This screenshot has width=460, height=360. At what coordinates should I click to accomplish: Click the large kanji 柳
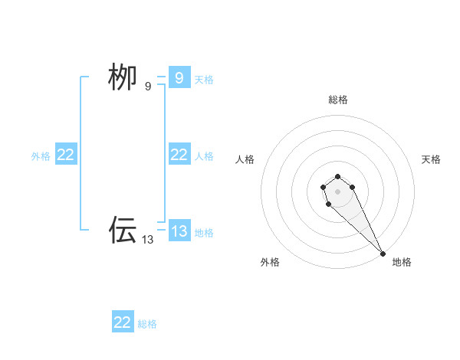click(x=123, y=77)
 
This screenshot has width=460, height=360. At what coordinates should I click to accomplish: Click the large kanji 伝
click(x=123, y=229)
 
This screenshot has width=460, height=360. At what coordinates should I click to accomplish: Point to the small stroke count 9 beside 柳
click(x=148, y=87)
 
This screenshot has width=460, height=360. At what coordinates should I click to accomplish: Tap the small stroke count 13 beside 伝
click(x=148, y=239)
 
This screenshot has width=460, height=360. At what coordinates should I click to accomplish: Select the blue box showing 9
click(x=179, y=77)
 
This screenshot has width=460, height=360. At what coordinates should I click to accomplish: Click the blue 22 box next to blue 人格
click(x=179, y=155)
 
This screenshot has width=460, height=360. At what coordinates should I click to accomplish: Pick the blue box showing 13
click(x=179, y=231)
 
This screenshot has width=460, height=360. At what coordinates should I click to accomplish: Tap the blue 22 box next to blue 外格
click(x=65, y=155)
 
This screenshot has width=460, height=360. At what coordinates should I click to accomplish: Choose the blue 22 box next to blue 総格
click(x=123, y=322)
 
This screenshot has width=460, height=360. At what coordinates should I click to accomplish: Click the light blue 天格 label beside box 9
click(x=204, y=79)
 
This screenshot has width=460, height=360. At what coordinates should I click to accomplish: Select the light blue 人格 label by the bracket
click(x=204, y=156)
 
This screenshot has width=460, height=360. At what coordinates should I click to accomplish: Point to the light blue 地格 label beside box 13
click(x=204, y=233)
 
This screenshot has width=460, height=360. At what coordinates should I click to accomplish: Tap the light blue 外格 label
click(x=41, y=156)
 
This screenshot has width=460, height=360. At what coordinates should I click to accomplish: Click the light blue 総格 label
click(x=147, y=324)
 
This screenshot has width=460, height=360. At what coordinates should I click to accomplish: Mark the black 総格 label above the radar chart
click(x=337, y=100)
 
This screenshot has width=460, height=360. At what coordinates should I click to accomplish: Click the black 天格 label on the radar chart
click(x=431, y=159)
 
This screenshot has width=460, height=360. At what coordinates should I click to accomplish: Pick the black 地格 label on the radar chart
click(x=402, y=262)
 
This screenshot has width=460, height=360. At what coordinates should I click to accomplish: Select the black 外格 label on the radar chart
click(x=270, y=262)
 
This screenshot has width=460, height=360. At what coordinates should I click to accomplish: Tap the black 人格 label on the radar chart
click(x=245, y=159)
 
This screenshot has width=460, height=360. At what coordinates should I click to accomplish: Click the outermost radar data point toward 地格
click(x=383, y=253)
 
